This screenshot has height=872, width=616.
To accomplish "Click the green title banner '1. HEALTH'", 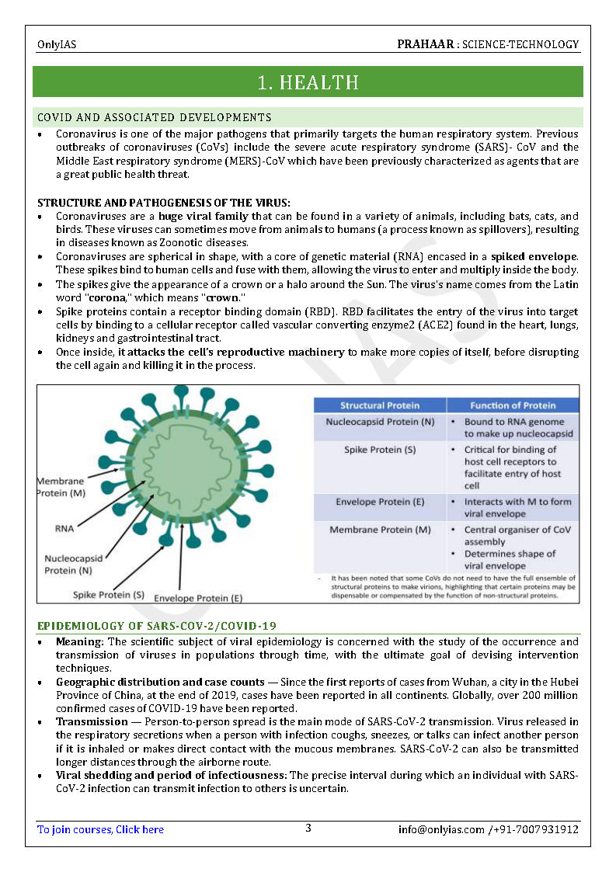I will coord(308,82).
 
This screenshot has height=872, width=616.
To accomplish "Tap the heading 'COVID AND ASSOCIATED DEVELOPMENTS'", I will coord(155,117).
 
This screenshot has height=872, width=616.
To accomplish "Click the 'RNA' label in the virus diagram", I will coord(64,528).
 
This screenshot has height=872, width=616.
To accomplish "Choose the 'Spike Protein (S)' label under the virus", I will coord(109,595).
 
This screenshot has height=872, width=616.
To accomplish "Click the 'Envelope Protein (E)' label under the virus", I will coord(198,599).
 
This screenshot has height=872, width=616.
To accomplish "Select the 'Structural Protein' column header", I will coord(380,405).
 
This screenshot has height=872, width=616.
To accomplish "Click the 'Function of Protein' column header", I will coord(513,405).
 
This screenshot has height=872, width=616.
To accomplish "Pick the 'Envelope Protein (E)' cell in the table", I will coord(380,502).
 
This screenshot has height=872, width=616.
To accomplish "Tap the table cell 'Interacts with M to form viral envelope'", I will coord(517,508).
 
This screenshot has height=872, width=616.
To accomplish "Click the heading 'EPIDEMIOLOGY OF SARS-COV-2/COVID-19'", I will coord(157,626).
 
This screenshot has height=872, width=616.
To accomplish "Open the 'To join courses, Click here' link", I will coord(100,829).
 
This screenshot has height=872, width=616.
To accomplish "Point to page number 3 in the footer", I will coord(308,829).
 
